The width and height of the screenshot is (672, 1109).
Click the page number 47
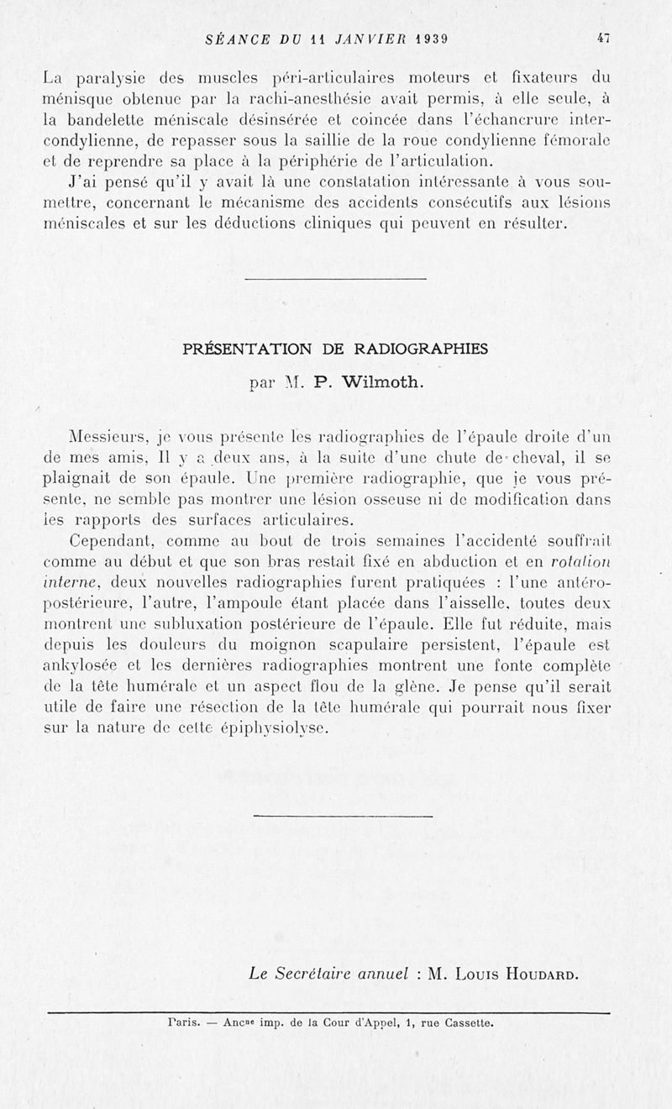602,37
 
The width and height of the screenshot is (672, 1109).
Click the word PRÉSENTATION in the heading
247,350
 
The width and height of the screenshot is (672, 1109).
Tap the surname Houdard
538,975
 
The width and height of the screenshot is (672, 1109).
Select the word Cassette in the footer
466,1023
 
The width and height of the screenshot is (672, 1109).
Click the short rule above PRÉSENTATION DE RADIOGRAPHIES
335,278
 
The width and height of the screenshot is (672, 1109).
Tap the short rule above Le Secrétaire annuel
343,815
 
